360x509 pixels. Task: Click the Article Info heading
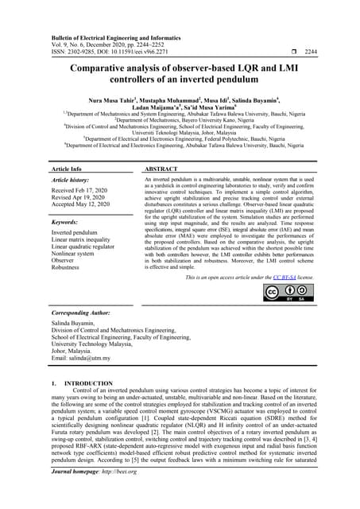[67, 170]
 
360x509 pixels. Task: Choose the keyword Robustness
[69, 268]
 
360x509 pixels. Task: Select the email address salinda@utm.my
[81, 359]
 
